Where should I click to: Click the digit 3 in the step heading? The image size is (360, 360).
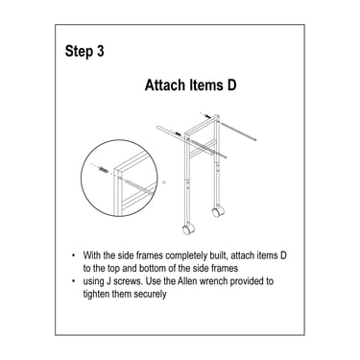tap(100, 51)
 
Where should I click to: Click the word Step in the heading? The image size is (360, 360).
tap(79, 52)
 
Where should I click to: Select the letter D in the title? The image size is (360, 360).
tap(231, 85)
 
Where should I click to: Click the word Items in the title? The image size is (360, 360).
tap(205, 85)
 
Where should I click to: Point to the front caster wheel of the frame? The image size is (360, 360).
tap(188, 229)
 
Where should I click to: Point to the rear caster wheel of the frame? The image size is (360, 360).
tap(218, 211)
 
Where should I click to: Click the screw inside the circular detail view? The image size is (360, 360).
tap(103, 169)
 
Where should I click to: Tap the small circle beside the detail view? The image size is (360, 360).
tap(164, 182)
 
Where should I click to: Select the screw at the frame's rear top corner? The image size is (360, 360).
tap(207, 116)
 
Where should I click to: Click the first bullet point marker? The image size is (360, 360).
tap(74, 255)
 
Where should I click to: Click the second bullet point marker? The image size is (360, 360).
tap(74, 281)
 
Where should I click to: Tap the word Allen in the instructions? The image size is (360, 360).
tap(188, 281)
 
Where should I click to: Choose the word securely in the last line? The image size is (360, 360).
tap(150, 295)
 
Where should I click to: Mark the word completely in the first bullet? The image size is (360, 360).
tap(186, 255)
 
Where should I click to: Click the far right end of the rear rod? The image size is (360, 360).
tap(255, 139)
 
